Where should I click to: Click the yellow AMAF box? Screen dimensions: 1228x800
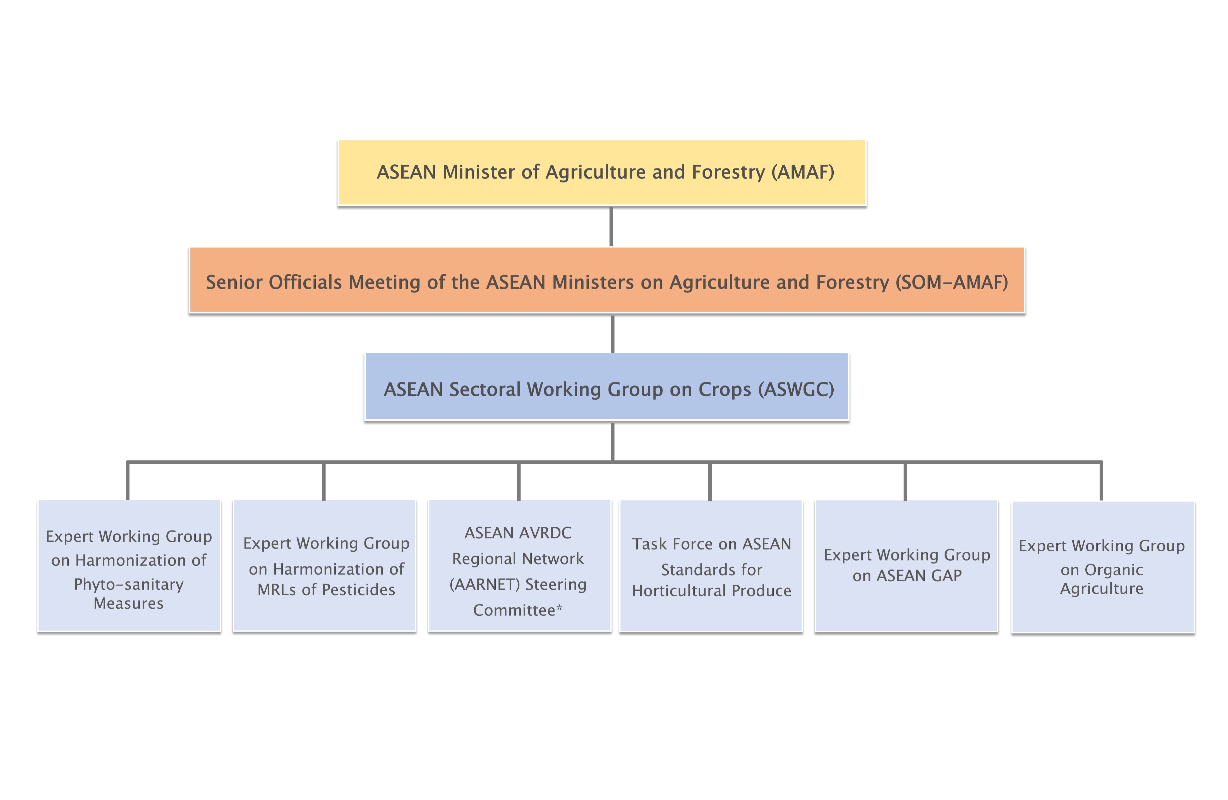(x=602, y=173)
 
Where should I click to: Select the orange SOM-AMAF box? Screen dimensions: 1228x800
(x=607, y=280)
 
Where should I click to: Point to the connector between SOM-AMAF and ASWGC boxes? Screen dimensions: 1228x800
(x=612, y=333)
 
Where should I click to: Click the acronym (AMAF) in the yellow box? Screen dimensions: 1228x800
(x=803, y=172)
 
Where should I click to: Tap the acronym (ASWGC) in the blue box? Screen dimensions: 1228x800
(x=796, y=390)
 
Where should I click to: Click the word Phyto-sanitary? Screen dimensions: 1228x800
(x=129, y=584)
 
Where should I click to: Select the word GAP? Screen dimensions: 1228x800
(x=946, y=576)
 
